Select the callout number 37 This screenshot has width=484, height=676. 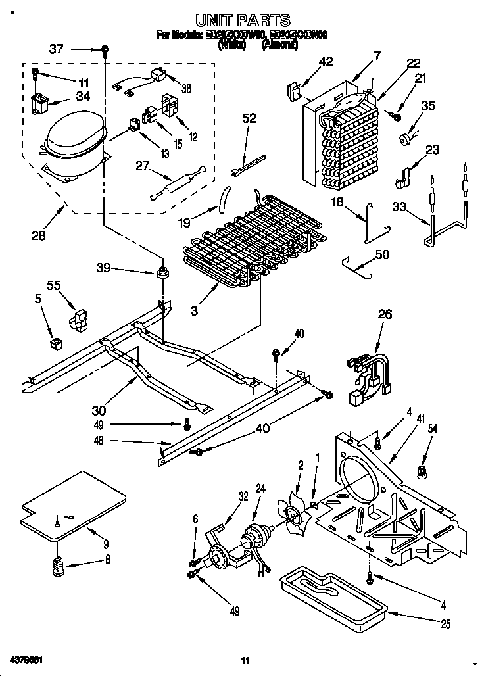pyautogui.click(x=57, y=48)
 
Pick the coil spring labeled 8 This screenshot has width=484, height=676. pyautogui.click(x=59, y=565)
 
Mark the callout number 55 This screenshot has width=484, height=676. pyautogui.click(x=55, y=285)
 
